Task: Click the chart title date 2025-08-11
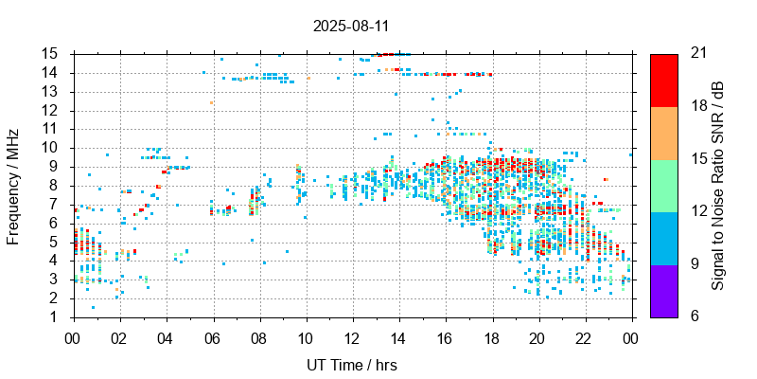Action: tap(351, 26)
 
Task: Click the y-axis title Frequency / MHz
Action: tap(13, 184)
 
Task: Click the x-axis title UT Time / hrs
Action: tap(351, 365)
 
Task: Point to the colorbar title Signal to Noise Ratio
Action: tap(718, 184)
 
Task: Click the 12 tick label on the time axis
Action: tap(352, 336)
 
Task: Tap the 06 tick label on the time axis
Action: tap(212, 336)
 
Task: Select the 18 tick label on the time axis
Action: tap(491, 336)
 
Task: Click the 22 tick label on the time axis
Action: tap(584, 336)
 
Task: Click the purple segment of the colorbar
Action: tap(663, 290)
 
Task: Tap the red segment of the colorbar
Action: tap(663, 80)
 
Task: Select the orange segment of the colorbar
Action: tap(663, 132)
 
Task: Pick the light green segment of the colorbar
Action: tap(663, 185)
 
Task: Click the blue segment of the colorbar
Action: tap(663, 237)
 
